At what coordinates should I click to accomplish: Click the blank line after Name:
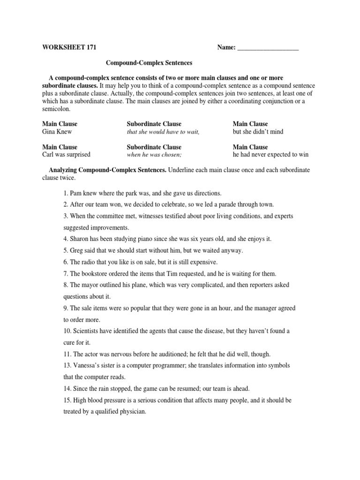tap(268, 48)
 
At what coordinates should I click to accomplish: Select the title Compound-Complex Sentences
tap(149, 62)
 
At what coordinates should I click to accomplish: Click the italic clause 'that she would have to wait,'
tap(163, 132)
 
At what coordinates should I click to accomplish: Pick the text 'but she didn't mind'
tap(258, 132)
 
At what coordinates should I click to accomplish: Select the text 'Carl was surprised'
tap(66, 154)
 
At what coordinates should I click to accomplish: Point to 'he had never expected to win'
tap(270, 154)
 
